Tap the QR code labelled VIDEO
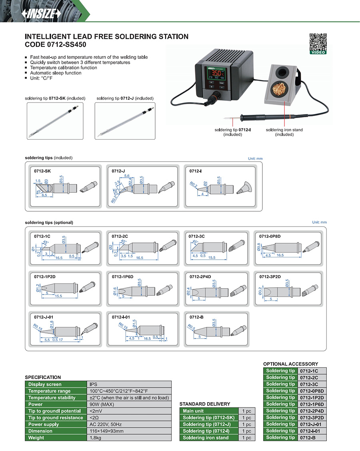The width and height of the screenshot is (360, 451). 318,42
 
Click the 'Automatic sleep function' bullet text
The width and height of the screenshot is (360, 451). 56,73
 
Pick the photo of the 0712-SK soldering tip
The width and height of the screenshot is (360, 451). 55,120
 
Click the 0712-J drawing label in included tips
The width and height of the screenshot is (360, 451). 118,171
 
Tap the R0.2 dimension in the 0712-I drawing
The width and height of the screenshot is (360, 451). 194,184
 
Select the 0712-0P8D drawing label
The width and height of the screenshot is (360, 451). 270,236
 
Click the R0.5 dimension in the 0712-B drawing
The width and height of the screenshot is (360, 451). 192,327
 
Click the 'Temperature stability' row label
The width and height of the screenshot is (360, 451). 52,397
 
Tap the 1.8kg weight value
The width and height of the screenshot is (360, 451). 95,437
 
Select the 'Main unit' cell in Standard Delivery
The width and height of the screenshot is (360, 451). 193,411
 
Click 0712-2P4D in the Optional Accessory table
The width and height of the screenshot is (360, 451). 312,411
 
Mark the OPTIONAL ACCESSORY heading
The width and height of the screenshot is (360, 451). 290,364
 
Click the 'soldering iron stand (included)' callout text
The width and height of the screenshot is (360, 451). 284,132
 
